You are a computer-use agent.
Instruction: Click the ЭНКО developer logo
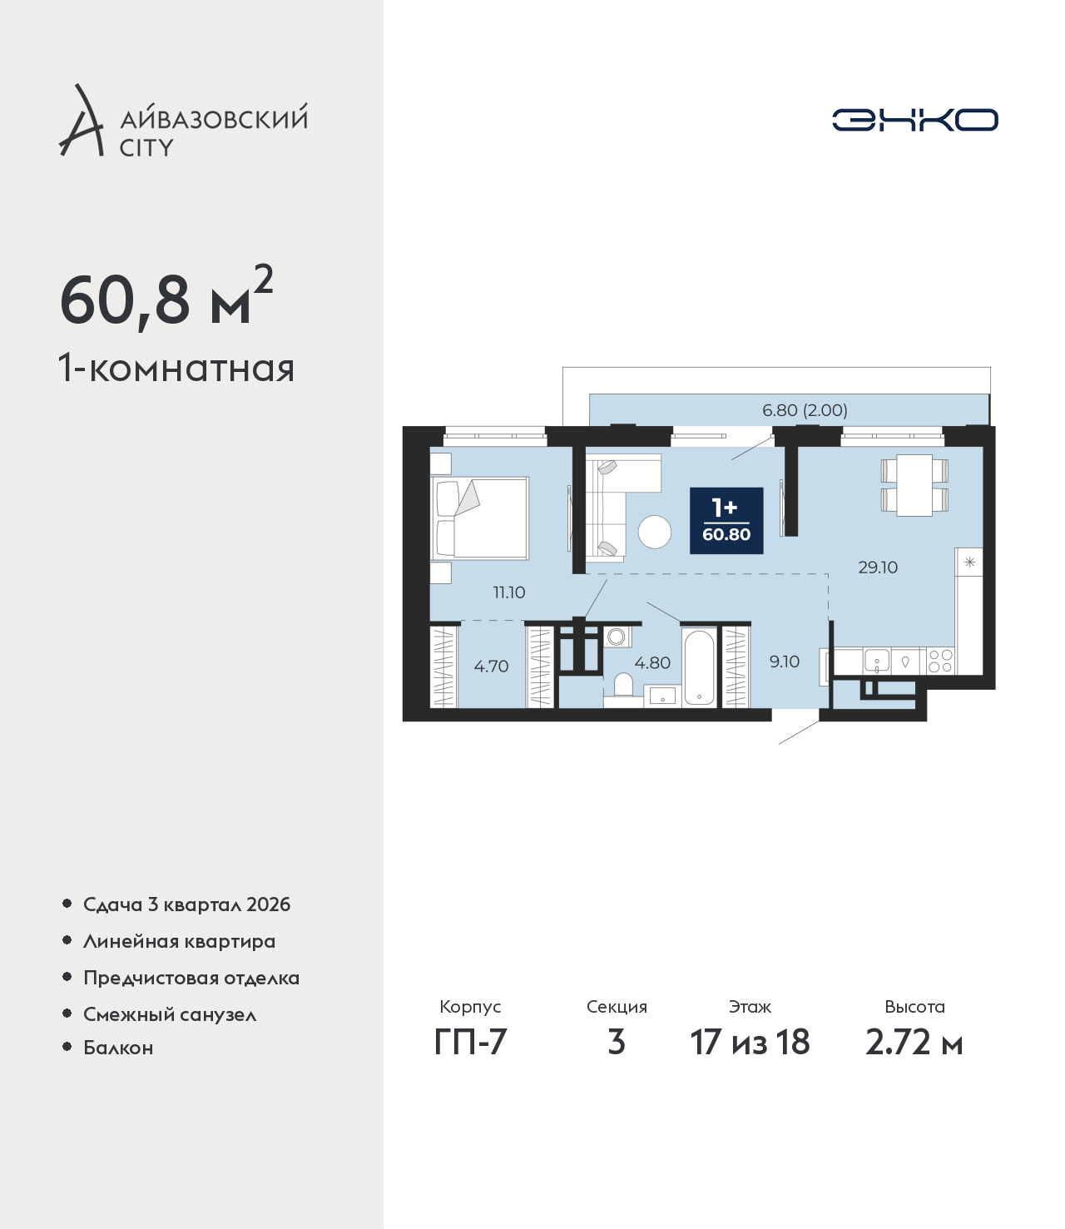tap(914, 120)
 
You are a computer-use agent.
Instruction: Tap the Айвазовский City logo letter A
tap(82, 121)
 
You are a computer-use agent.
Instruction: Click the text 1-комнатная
tap(176, 369)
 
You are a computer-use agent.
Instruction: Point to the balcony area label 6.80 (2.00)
tap(805, 410)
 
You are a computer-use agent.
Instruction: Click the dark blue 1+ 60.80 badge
tap(726, 520)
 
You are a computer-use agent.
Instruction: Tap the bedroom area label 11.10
tap(509, 592)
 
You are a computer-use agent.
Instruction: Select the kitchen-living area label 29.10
tap(878, 567)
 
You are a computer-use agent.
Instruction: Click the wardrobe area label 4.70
tap(491, 666)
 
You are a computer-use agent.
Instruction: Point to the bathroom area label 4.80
tap(652, 662)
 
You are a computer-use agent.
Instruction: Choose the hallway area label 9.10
tap(785, 662)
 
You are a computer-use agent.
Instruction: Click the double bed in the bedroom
tap(479, 518)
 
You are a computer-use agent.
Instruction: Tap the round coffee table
tap(655, 532)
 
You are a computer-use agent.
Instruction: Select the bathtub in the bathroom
tap(699, 667)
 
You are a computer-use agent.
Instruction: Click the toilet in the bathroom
tap(623, 684)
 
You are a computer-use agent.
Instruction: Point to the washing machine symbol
tap(616, 637)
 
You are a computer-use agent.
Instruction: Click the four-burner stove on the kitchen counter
tap(940, 662)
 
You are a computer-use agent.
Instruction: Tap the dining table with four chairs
tap(914, 485)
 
